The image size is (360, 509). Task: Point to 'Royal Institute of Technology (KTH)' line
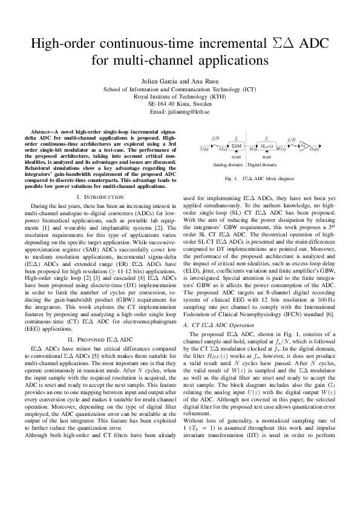[x=180, y=96]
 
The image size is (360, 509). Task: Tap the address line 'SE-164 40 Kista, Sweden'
[x=180, y=104]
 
